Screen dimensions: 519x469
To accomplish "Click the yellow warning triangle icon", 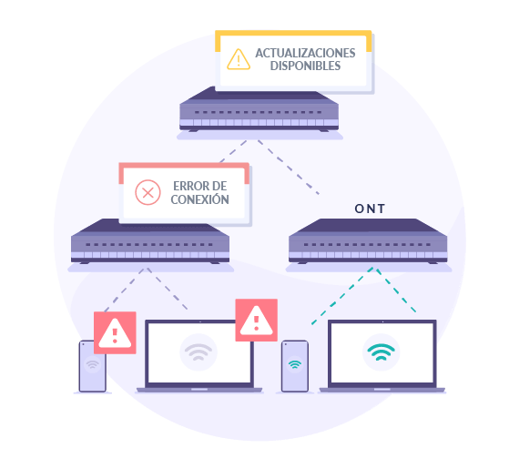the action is click(239, 59).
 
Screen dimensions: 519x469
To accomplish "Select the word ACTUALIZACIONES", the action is click(305, 53).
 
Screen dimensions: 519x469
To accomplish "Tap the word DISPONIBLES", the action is click(305, 66).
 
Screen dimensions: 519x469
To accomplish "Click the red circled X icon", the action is click(148, 192).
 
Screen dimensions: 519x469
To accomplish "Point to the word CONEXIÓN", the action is click(199, 199).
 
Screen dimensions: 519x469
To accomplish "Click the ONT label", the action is click(370, 209).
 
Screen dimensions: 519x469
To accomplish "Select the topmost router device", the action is click(259, 110).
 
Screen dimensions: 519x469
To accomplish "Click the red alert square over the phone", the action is click(115, 332).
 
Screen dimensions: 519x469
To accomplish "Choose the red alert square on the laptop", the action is click(256, 320).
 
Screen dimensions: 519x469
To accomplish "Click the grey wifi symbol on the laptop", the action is click(198, 352).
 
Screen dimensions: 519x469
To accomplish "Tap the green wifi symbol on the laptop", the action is click(381, 352).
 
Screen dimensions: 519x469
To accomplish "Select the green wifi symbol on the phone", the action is click(295, 364).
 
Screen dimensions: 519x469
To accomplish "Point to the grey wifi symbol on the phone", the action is click(92, 364).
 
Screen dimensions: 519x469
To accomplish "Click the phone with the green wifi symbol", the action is click(295, 366).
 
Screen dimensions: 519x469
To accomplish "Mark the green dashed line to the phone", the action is click(342, 296).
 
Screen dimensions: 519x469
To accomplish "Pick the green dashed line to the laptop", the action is click(396, 291).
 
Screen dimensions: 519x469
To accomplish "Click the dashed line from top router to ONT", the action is click(289, 168).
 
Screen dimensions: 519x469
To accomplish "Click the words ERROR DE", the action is click(200, 186).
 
